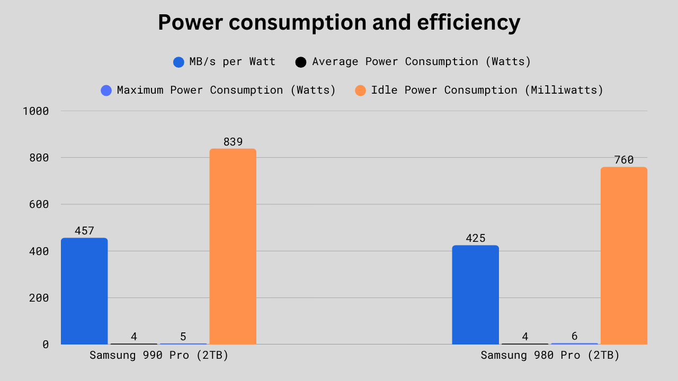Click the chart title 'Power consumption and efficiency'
tap(339, 23)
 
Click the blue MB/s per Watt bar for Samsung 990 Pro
tap(84, 291)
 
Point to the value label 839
tap(233, 142)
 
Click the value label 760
tap(623, 160)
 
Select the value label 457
tap(84, 231)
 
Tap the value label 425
tap(475, 238)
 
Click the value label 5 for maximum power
tap(183, 337)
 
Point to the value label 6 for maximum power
tap(574, 336)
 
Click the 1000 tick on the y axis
tap(36, 111)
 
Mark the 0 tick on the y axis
tap(46, 344)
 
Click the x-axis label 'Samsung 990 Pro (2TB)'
tap(159, 355)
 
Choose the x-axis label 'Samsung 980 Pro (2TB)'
tap(550, 355)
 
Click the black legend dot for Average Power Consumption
tap(301, 62)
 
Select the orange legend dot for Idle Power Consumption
tap(360, 90)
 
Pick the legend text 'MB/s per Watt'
tap(232, 61)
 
